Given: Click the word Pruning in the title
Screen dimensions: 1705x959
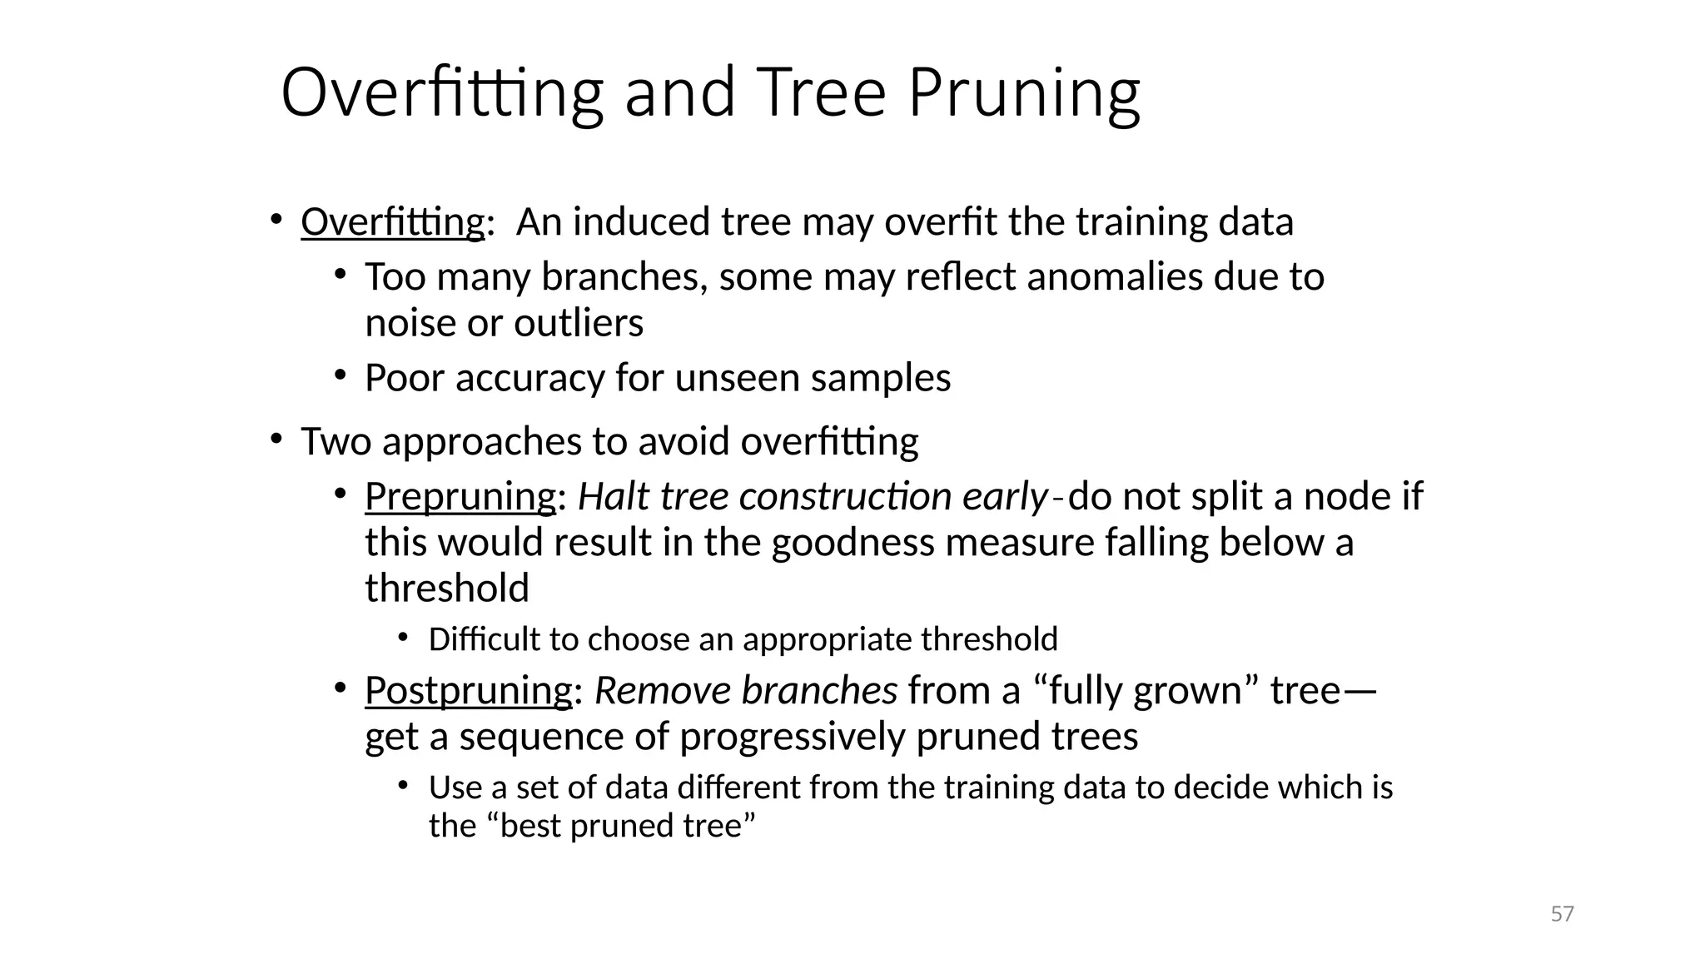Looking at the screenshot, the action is click(x=1023, y=93).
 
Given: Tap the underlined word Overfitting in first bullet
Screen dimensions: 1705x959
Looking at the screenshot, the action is click(x=392, y=222).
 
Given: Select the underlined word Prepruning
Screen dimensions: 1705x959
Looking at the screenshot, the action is click(x=460, y=497).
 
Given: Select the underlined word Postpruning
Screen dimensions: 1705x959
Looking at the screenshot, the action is click(x=469, y=691).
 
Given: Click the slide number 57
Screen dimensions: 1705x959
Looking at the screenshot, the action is click(x=1562, y=914).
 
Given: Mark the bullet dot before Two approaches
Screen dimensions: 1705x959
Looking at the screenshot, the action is click(x=276, y=439).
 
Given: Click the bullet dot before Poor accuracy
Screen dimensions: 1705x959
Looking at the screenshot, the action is click(x=340, y=375).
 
